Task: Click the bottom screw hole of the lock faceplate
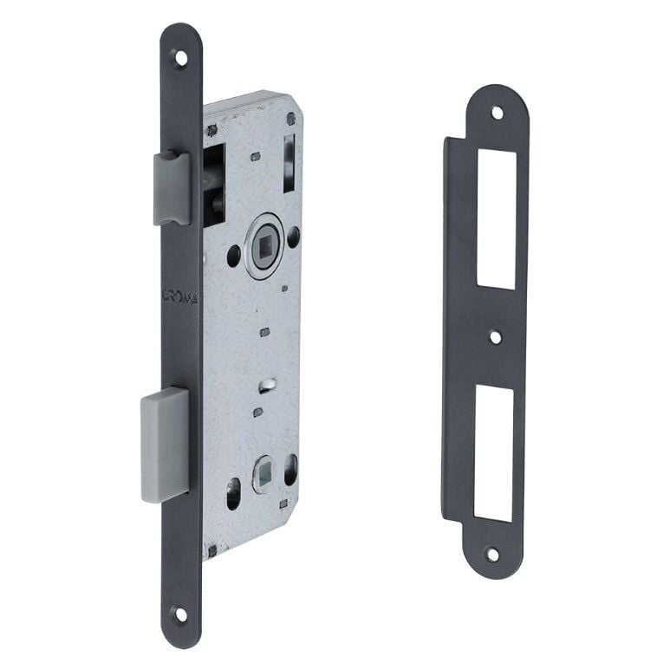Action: point(180,614)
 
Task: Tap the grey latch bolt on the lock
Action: point(172,187)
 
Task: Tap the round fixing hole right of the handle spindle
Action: point(295,234)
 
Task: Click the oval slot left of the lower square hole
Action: point(234,492)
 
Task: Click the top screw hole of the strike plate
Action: point(497,112)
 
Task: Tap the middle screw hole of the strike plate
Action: point(494,337)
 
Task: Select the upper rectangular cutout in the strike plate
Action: point(497,218)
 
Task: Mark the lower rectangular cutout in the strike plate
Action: point(493,453)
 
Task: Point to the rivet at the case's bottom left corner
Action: point(211,549)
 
